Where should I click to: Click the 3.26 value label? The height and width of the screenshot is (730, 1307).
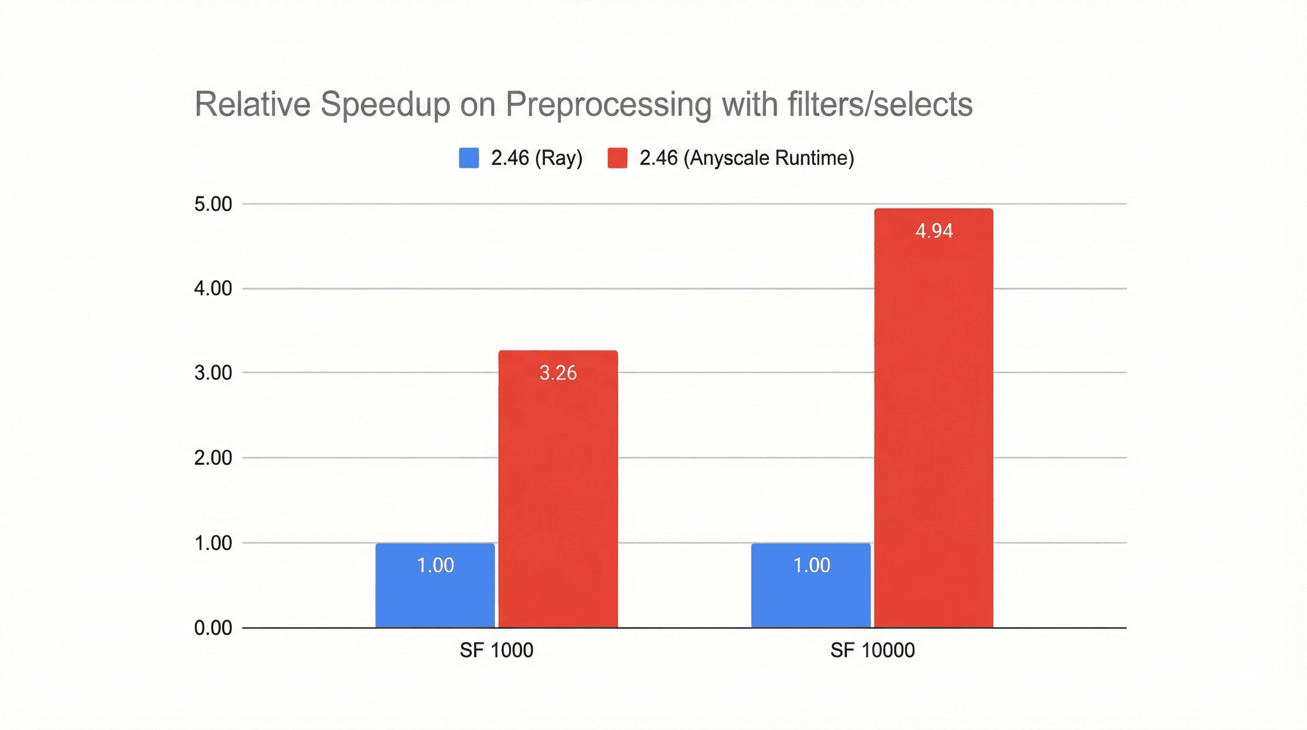(558, 373)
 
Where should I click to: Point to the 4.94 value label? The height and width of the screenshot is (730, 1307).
(934, 231)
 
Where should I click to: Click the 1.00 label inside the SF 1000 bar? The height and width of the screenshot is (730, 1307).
(435, 565)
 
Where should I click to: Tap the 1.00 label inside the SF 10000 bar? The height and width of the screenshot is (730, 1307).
(811, 565)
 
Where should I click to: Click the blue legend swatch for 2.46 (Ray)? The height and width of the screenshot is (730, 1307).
(469, 158)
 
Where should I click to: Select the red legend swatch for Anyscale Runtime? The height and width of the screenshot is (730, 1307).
(617, 158)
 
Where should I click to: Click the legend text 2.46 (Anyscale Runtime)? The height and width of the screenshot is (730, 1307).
(747, 158)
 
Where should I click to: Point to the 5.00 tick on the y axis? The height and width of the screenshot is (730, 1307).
(213, 204)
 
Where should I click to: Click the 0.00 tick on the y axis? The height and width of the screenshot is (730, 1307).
(213, 628)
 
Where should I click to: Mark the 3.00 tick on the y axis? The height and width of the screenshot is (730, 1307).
(213, 373)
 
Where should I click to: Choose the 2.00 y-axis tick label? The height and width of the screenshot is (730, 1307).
(213, 458)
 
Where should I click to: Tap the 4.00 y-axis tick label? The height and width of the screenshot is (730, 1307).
(213, 288)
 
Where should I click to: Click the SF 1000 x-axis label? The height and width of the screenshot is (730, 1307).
(496, 650)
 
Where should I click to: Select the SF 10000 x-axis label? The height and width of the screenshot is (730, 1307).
(872, 650)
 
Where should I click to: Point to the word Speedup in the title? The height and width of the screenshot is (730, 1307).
(385, 105)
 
